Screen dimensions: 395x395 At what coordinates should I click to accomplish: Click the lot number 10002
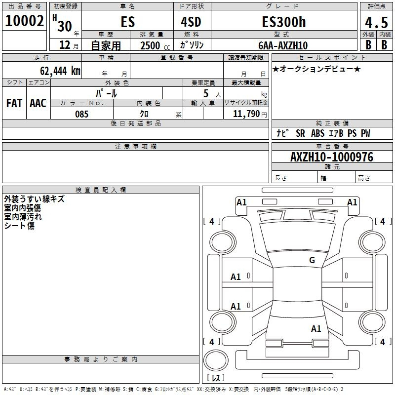pyautogui.click(x=25, y=21)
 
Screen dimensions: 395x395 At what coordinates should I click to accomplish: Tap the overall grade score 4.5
pyautogui.click(x=376, y=23)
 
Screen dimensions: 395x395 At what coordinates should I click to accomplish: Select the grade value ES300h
pyautogui.click(x=283, y=23)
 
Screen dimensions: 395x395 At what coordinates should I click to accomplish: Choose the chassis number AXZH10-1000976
pyautogui.click(x=332, y=157)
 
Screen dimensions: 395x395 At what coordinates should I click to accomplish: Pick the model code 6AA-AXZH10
pyautogui.click(x=283, y=45)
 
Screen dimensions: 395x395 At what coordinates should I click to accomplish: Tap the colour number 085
pyautogui.click(x=81, y=114)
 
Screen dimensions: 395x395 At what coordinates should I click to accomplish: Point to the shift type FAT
pyautogui.click(x=14, y=103)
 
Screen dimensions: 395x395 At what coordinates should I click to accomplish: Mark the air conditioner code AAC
pyautogui.click(x=38, y=103)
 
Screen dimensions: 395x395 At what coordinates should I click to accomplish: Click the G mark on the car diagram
pyautogui.click(x=312, y=260)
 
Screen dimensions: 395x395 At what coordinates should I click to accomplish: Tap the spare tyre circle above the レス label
pyautogui.click(x=216, y=360)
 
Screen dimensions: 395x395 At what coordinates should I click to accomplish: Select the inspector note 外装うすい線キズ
pyautogui.click(x=34, y=199)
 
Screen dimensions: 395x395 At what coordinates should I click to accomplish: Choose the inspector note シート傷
pyautogui.click(x=19, y=226)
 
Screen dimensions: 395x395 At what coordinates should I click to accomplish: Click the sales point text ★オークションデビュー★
pyautogui.click(x=316, y=69)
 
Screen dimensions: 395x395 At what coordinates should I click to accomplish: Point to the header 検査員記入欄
pyautogui.click(x=101, y=190)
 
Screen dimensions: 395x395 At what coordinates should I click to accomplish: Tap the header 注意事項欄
pyautogui.click(x=135, y=146)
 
